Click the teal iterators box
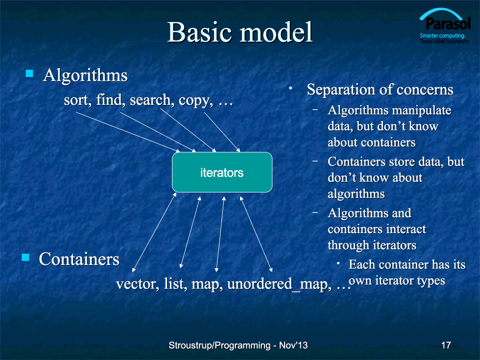point(222,172)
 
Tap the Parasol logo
point(445,26)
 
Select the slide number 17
point(446,345)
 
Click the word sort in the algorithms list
point(76,100)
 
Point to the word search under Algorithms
point(150,100)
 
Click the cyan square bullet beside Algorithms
point(29,73)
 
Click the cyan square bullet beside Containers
point(25,257)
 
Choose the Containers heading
point(79,259)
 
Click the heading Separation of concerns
point(380,90)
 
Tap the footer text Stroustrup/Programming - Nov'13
point(238,345)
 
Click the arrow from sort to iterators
point(128,132)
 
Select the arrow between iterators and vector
point(154,232)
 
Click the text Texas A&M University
point(444,41)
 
